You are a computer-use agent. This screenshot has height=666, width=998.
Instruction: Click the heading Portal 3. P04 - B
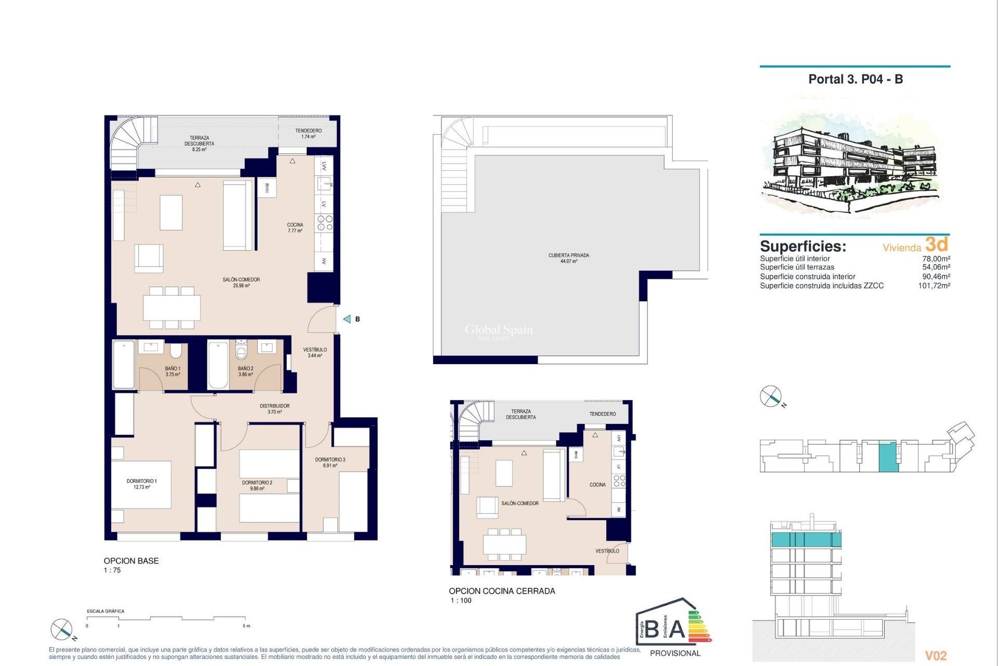(855, 79)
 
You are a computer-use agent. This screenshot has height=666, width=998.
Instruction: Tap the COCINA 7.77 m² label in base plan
(295, 228)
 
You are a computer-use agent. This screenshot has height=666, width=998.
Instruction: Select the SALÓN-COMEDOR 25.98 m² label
(241, 283)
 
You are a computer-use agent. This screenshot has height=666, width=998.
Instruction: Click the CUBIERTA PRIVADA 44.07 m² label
(569, 258)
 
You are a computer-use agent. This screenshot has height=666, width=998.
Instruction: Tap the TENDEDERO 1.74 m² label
(308, 134)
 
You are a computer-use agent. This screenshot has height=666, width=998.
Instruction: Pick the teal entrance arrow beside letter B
(347, 319)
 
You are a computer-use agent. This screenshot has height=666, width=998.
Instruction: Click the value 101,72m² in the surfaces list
(934, 286)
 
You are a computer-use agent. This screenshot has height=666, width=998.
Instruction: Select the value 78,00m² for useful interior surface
(936, 259)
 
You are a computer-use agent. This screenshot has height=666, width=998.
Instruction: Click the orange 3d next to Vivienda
(937, 244)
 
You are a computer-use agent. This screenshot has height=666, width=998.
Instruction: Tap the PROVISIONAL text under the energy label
(675, 653)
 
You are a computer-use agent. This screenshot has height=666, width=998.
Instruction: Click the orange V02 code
(936, 656)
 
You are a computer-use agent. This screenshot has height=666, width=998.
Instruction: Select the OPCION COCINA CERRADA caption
(502, 591)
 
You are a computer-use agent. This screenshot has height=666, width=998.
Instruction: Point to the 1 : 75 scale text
(112, 570)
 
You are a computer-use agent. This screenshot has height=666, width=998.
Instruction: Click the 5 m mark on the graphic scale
(247, 625)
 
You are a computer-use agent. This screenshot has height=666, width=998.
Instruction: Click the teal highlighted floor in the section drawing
(805, 540)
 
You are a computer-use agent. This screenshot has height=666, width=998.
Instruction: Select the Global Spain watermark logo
(498, 330)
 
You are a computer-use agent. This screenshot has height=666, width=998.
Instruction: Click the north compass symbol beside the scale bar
(62, 630)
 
